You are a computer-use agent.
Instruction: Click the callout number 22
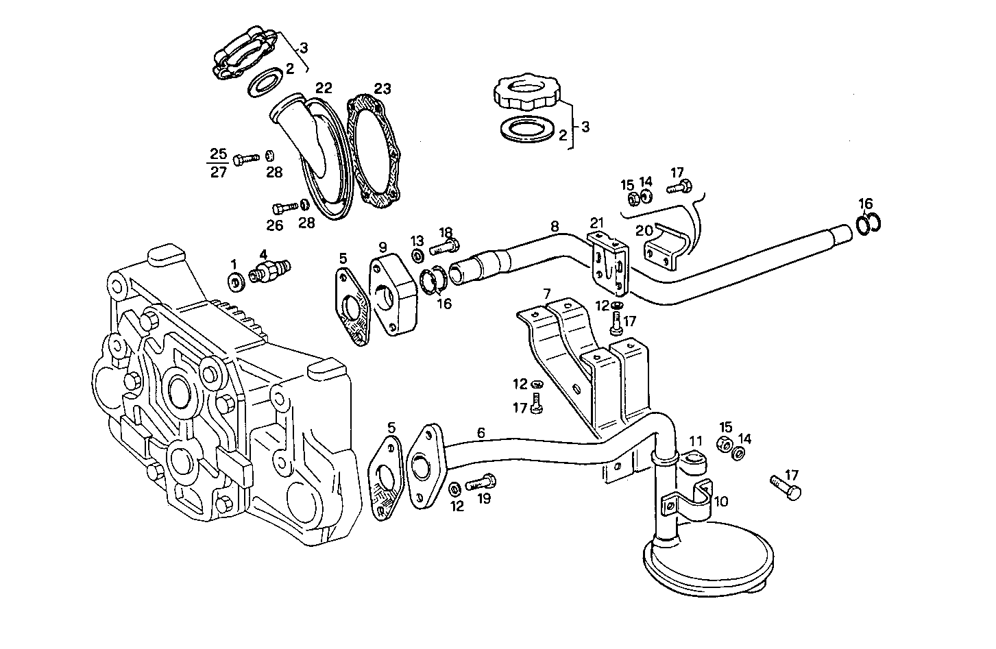click(324, 88)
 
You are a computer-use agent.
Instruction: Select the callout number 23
click(382, 88)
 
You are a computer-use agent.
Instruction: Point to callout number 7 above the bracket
click(546, 293)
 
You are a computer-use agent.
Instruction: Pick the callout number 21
click(597, 222)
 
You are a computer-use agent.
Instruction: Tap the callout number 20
click(644, 230)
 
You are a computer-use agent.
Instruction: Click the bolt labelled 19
click(480, 483)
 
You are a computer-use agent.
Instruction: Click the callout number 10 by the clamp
click(720, 501)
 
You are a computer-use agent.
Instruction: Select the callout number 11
click(696, 441)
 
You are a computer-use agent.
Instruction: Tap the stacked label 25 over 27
click(218, 162)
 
